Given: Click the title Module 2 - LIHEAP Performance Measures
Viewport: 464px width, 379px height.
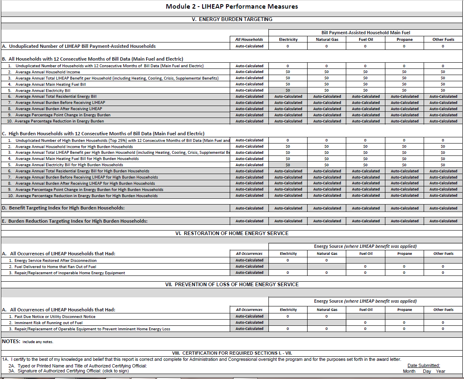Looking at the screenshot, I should [x=232, y=6].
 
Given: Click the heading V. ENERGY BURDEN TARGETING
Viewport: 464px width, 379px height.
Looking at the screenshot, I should [x=232, y=19].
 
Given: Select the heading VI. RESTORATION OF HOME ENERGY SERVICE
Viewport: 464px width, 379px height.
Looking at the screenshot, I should [x=232, y=233].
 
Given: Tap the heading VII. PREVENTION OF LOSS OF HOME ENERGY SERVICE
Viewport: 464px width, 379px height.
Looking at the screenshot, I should [x=232, y=285].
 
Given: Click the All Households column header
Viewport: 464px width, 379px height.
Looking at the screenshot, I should [x=249, y=40].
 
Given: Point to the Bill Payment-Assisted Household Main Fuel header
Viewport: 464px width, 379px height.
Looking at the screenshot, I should [x=366, y=33].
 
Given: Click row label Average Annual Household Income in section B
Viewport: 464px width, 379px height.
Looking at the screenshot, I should [x=48, y=72].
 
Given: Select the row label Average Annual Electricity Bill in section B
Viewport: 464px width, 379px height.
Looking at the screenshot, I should [x=43, y=91].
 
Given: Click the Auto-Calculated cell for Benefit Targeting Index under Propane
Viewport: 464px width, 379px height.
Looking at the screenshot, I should [x=404, y=208].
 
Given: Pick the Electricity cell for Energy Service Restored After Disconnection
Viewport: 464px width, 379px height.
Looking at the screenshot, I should [x=288, y=260].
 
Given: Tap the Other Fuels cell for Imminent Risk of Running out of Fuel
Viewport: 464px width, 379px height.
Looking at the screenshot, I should [x=443, y=323].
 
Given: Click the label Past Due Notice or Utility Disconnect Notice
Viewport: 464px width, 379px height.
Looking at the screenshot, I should [x=55, y=317].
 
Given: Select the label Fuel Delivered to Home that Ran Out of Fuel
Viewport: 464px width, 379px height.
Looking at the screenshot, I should [x=55, y=267].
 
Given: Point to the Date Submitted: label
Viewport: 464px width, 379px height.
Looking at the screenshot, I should [x=424, y=365].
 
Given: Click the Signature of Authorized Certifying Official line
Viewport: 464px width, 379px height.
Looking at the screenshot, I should [x=68, y=371].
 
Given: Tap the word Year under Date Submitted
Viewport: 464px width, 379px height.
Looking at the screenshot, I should [x=441, y=371].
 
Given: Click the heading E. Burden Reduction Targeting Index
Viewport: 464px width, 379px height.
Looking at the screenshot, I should [x=75, y=221].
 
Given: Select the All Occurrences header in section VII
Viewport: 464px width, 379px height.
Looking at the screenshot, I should [x=249, y=310].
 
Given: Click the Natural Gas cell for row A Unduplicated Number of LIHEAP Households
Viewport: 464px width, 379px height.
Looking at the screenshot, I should [x=326, y=46].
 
